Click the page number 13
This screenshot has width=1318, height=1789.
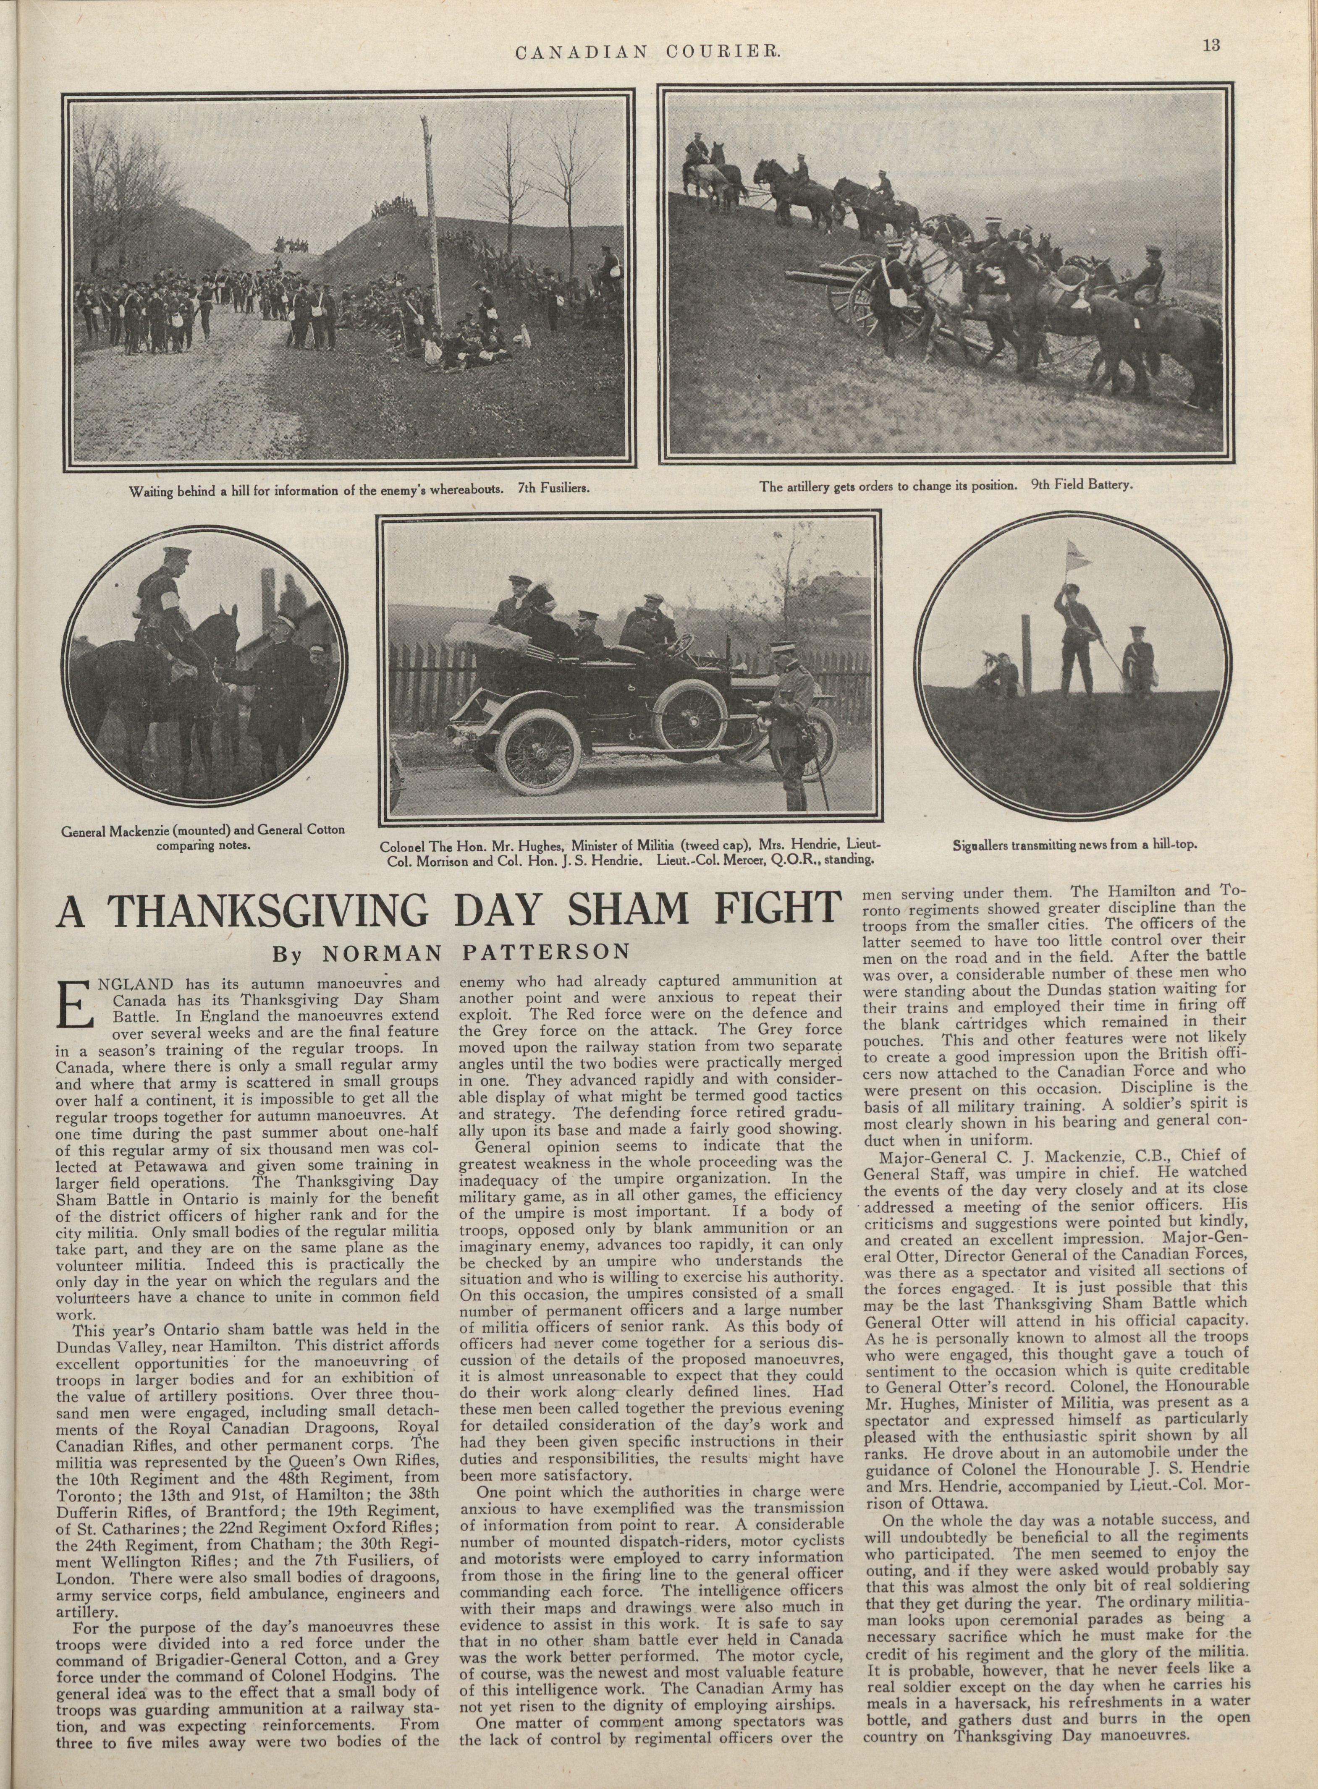coord(1211,46)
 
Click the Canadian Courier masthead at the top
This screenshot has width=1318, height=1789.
coord(648,52)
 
